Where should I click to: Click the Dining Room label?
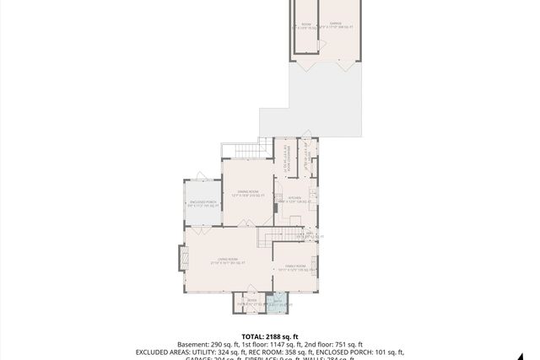[x=247, y=194]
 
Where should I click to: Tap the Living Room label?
[x=225, y=261]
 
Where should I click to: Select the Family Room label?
[x=294, y=267]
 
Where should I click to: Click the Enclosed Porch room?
[x=202, y=203]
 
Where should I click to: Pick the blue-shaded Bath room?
[x=278, y=303]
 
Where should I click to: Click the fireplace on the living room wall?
[x=181, y=257]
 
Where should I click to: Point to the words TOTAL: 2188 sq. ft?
[x=270, y=336]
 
